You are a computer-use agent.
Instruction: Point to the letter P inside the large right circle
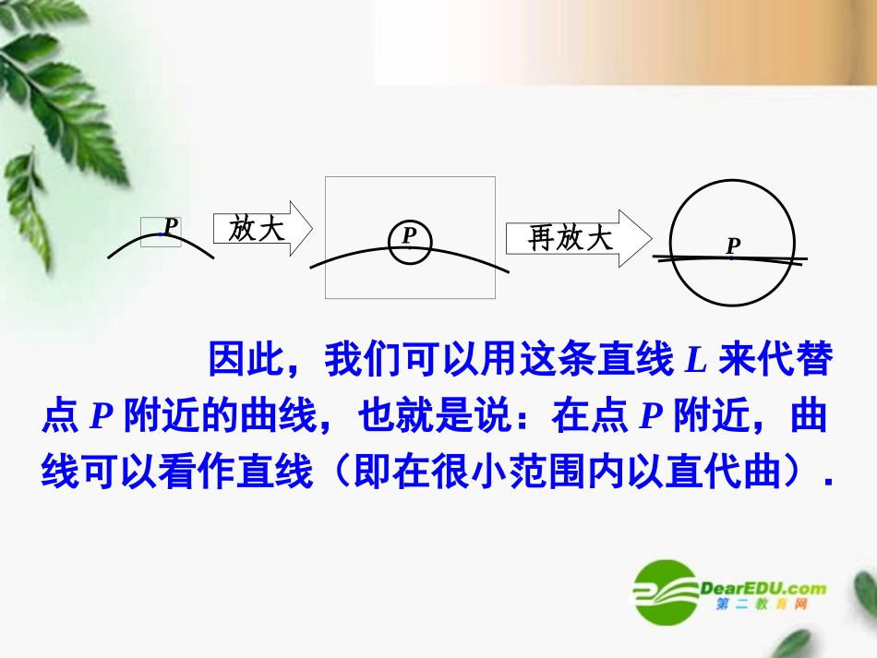733,246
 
